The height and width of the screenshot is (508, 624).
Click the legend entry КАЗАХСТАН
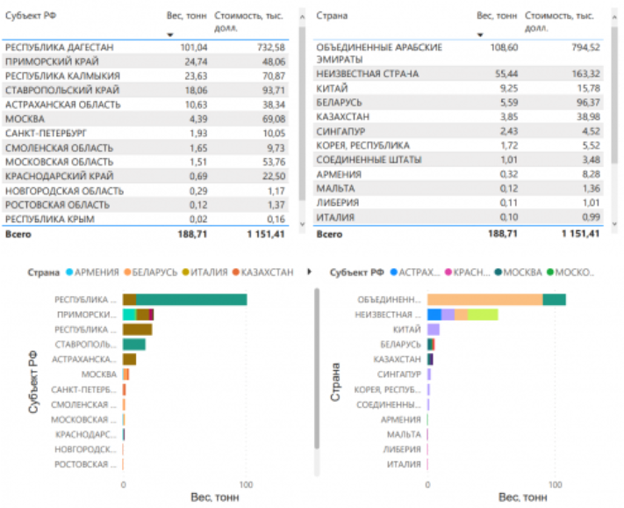click(x=267, y=272)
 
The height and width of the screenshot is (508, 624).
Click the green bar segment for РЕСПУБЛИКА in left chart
click(x=191, y=300)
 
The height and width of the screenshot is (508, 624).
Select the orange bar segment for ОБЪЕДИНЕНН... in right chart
click(x=484, y=300)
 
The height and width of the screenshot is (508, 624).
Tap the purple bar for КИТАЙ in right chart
click(x=434, y=329)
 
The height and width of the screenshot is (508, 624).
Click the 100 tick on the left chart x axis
click(x=247, y=483)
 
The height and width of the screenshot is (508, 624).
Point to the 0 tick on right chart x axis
click(x=427, y=483)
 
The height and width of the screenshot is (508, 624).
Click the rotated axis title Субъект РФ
click(x=33, y=379)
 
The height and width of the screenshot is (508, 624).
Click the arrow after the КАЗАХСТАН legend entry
click(x=308, y=272)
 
